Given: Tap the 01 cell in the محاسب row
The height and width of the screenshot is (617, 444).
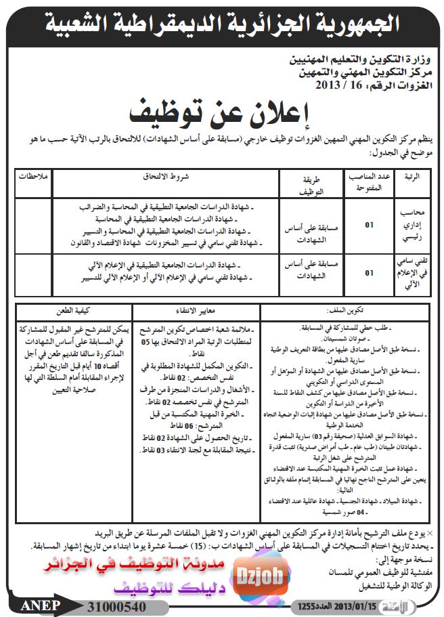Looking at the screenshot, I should pyautogui.click(x=370, y=225).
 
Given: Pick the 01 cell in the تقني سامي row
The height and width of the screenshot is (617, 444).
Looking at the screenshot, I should pyautogui.click(x=370, y=273).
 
